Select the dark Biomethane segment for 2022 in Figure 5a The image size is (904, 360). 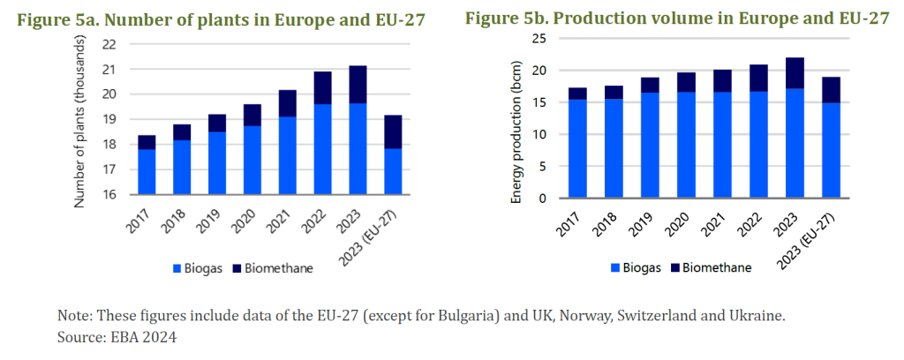[x=322, y=88]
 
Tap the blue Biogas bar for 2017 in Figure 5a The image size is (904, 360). [x=147, y=172]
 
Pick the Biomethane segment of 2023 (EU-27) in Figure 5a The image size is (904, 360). [x=393, y=131]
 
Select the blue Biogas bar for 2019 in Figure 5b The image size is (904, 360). [x=650, y=146]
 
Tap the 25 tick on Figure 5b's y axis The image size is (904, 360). [x=538, y=39]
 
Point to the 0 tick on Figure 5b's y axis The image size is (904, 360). [x=541, y=199]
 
